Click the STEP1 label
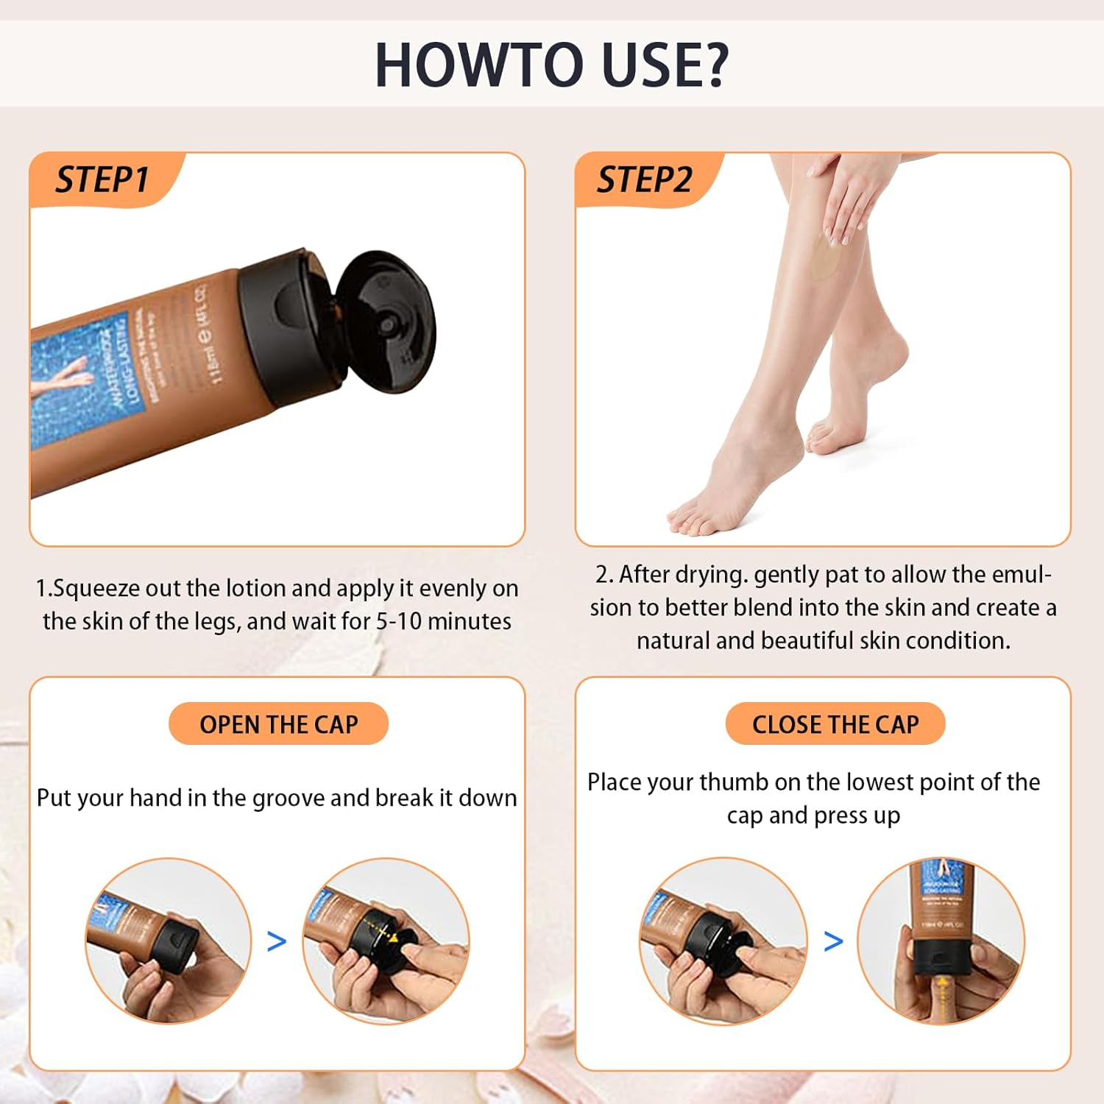pyautogui.click(x=102, y=180)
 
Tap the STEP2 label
pyautogui.click(x=644, y=180)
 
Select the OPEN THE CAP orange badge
pyautogui.click(x=278, y=724)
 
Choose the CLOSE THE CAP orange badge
pyautogui.click(x=835, y=724)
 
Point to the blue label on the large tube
pyautogui.click(x=81, y=375)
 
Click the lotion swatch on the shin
pyautogui.click(x=823, y=266)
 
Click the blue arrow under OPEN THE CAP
pyautogui.click(x=276, y=941)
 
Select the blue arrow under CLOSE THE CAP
pyautogui.click(x=833, y=941)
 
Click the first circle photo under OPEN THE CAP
pyautogui.click(x=169, y=941)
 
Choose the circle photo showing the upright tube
pyautogui.click(x=941, y=941)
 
